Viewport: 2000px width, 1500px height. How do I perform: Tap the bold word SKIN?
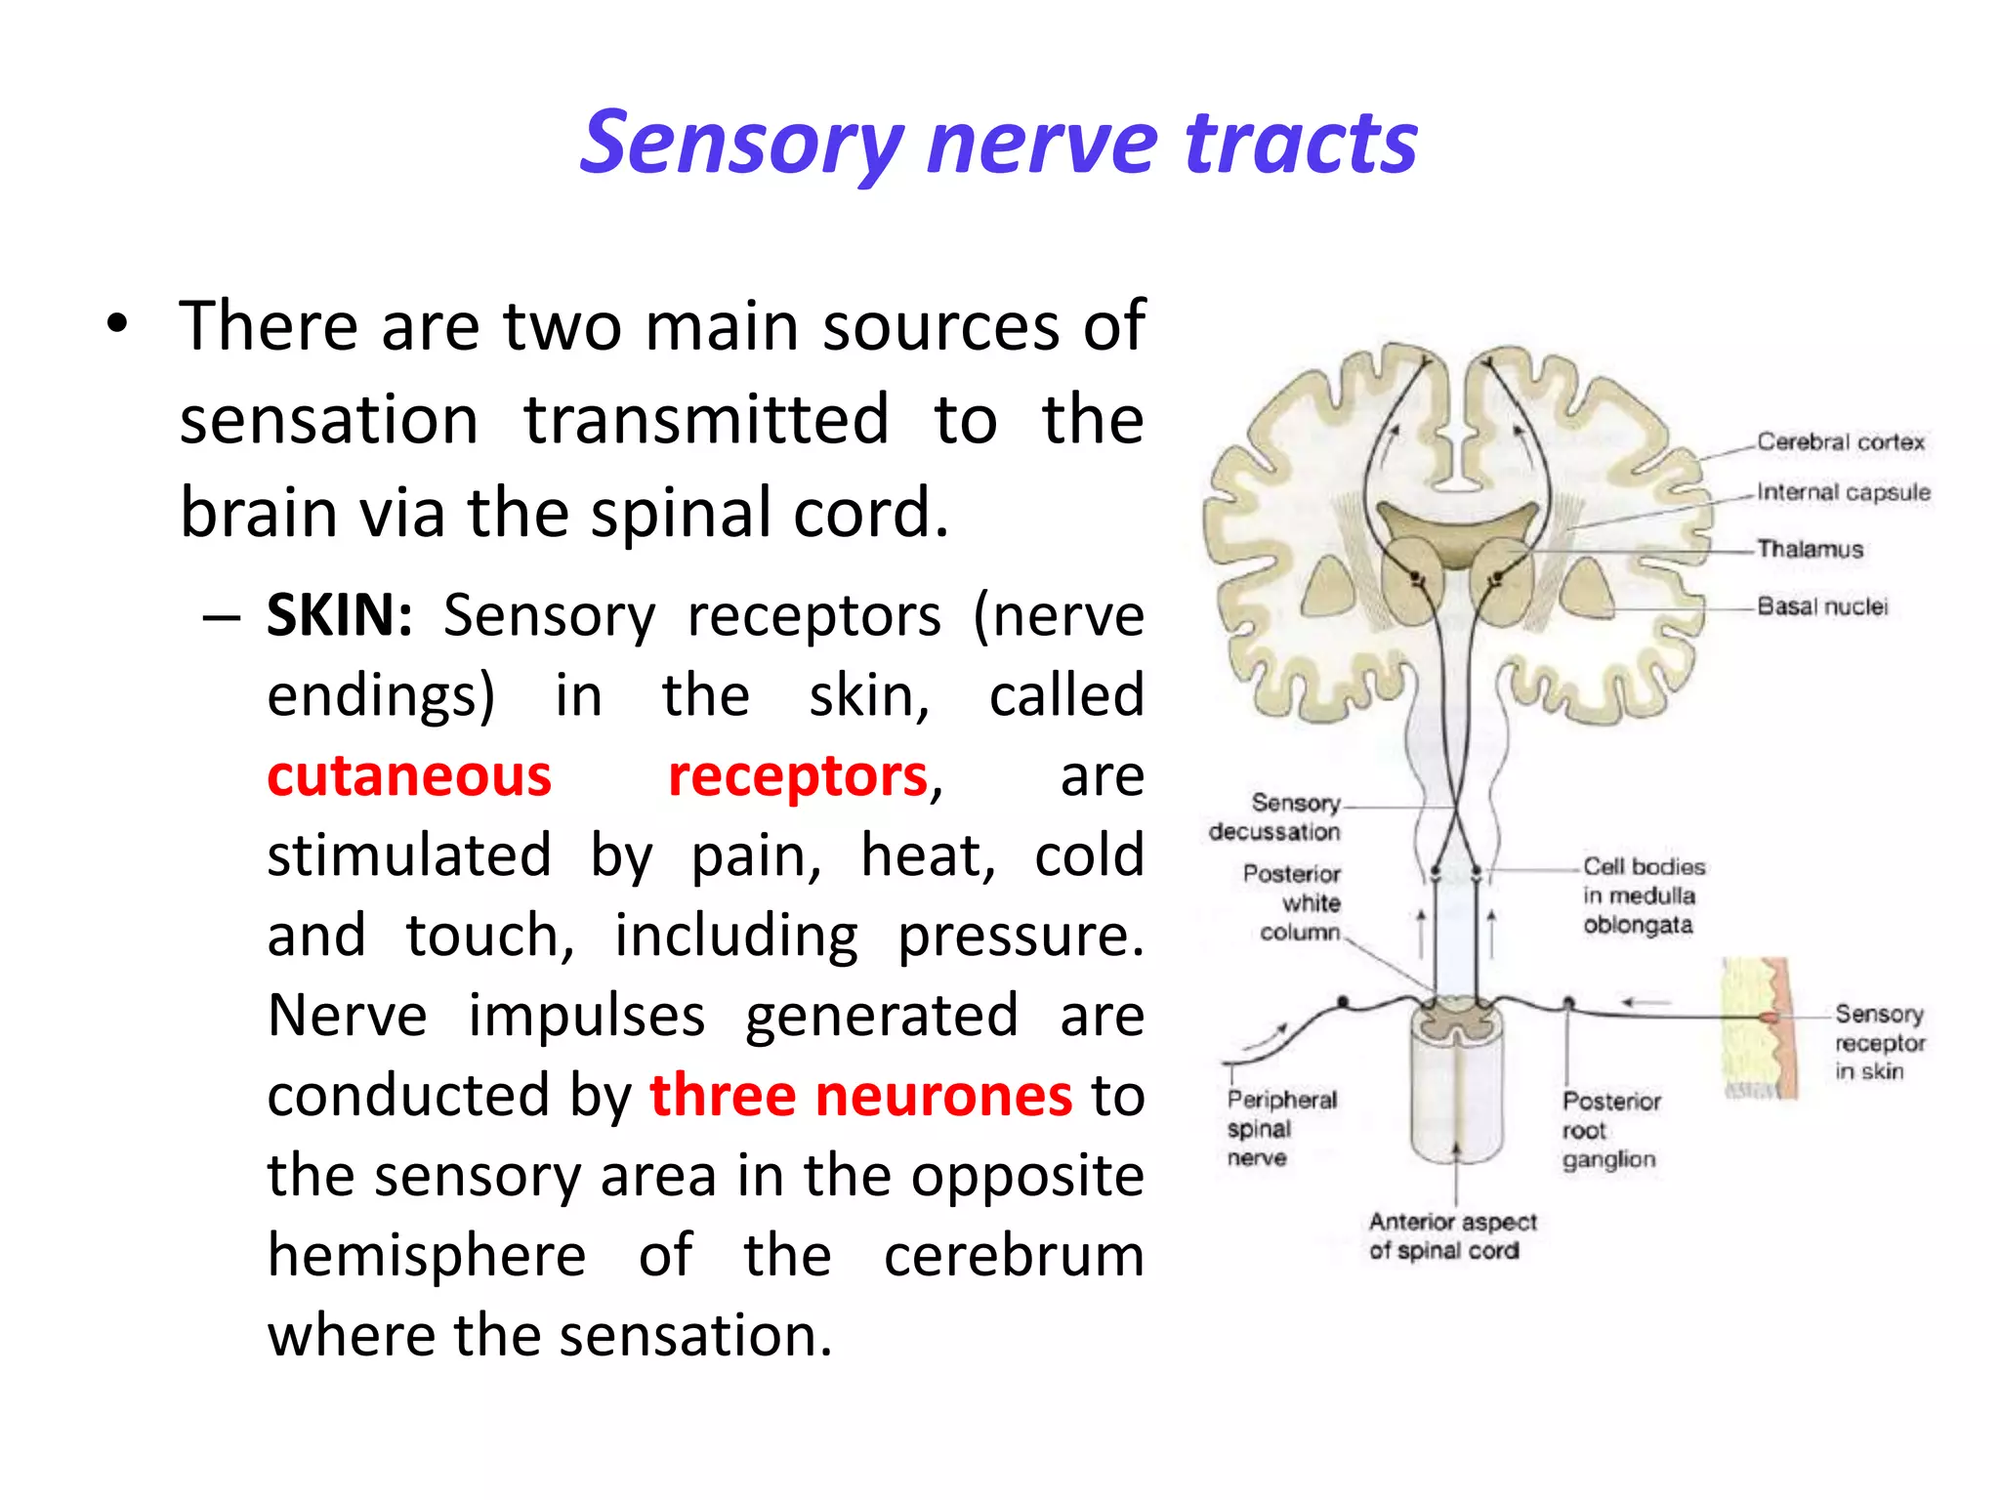(340, 616)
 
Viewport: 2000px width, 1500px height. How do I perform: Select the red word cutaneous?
(409, 776)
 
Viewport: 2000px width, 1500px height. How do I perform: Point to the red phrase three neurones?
(860, 1095)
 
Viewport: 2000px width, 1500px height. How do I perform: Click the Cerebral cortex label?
(1840, 442)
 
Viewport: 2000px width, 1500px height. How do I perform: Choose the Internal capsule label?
(1843, 492)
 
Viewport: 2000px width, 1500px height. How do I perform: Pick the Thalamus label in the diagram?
(1810, 549)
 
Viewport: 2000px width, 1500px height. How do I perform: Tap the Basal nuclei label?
(1822, 606)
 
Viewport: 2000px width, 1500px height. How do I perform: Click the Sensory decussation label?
(1275, 817)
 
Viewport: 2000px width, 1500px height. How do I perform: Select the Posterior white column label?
(1293, 902)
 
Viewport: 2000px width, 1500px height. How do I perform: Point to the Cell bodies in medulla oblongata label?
(1643, 896)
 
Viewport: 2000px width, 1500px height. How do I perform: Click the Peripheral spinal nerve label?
(1280, 1129)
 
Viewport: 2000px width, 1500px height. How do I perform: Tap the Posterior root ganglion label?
(1610, 1130)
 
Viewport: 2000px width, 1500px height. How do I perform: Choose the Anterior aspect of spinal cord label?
(1451, 1236)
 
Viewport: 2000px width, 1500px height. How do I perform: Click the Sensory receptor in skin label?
(1879, 1043)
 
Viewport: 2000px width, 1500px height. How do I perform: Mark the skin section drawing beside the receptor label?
(1761, 1028)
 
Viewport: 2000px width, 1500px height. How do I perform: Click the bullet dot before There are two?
(118, 326)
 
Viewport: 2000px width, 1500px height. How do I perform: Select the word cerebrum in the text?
(1014, 1255)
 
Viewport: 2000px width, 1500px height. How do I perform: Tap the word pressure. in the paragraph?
(1021, 937)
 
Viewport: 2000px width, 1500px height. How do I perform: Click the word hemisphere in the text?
(427, 1255)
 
